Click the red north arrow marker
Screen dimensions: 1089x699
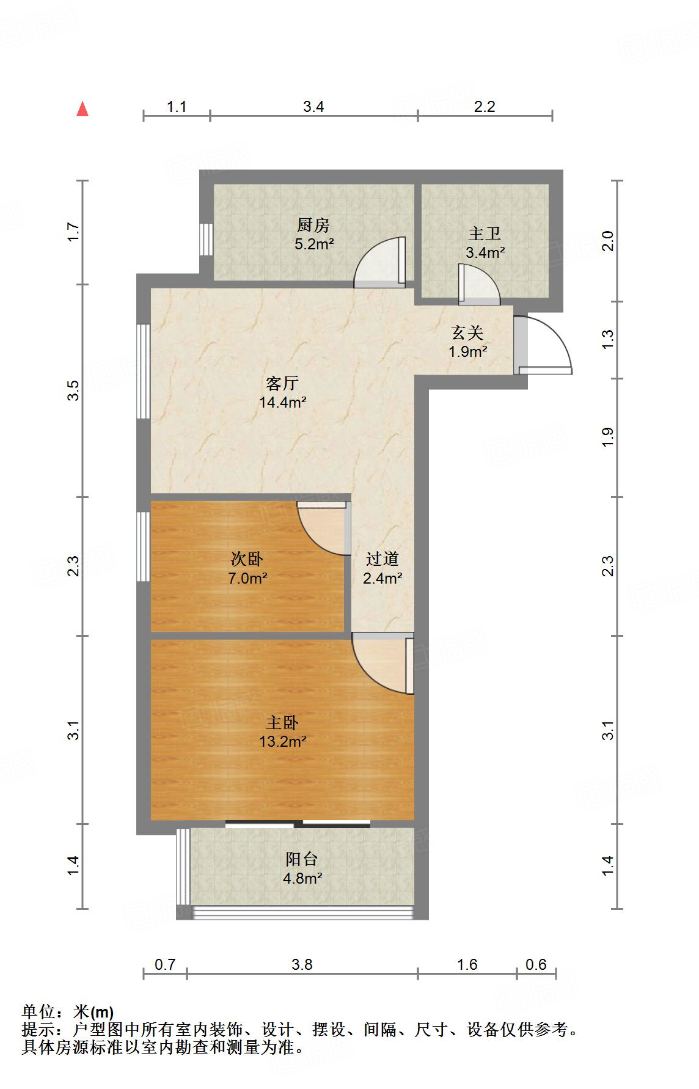click(82, 109)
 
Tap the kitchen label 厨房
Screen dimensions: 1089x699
click(313, 226)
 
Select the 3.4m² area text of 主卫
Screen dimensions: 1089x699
click(485, 253)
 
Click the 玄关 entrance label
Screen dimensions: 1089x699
click(467, 333)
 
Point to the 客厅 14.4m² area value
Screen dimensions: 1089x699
click(282, 403)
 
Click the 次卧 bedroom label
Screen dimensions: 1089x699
click(247, 559)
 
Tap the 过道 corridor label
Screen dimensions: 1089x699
click(382, 559)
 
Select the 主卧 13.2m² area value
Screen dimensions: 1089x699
click(282, 742)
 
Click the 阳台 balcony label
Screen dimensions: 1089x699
click(302, 859)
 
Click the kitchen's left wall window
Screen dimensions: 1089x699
click(207, 239)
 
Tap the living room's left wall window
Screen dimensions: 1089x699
click(144, 371)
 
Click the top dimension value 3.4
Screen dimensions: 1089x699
click(313, 107)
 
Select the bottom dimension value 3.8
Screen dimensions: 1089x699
click(302, 965)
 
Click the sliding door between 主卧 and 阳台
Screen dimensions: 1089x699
click(298, 824)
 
